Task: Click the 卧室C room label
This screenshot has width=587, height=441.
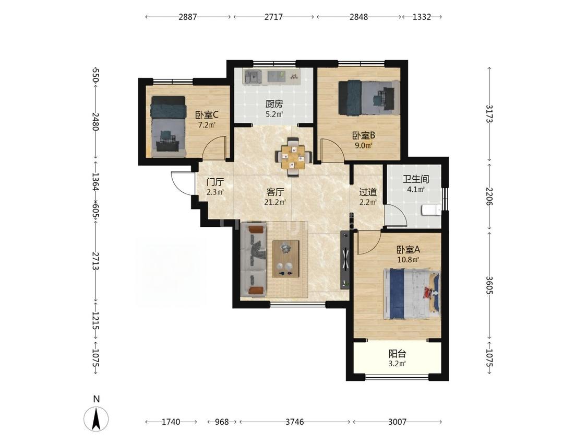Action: [x=207, y=115]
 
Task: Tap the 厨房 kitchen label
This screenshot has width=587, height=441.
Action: [x=274, y=104]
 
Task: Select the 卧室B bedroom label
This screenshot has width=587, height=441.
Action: [x=364, y=135]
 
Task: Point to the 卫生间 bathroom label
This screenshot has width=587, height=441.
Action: [x=415, y=179]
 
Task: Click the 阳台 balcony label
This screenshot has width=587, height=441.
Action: [x=397, y=354]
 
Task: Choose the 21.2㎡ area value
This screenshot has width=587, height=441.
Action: [x=275, y=203]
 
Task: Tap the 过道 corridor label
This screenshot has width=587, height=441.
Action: [x=368, y=192]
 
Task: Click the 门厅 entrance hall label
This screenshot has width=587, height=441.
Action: [x=215, y=183]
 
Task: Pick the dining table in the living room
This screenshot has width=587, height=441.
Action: [x=293, y=157]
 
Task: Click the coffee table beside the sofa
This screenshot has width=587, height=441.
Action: [x=285, y=259]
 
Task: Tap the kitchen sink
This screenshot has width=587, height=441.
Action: [x=253, y=77]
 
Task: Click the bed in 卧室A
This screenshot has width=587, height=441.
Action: [x=412, y=294]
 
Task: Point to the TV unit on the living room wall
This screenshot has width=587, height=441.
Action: [x=345, y=260]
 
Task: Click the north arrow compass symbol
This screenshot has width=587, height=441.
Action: [x=96, y=419]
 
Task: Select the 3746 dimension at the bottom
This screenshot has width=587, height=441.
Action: [x=295, y=422]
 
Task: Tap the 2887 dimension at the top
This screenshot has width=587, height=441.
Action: [x=187, y=17]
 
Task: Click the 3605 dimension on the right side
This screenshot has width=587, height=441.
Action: [x=489, y=286]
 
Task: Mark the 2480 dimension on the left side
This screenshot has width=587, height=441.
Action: [x=95, y=122]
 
